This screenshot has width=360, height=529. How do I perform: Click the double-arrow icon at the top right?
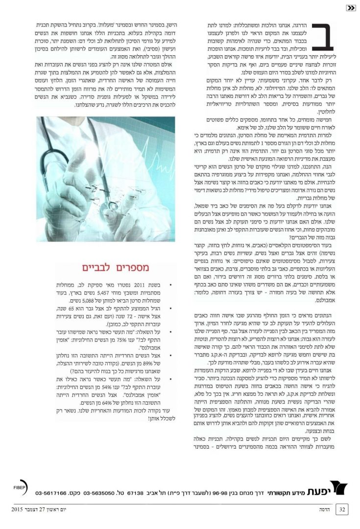351,7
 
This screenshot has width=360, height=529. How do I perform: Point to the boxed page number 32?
342,510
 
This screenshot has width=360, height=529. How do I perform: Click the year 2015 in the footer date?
18,510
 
